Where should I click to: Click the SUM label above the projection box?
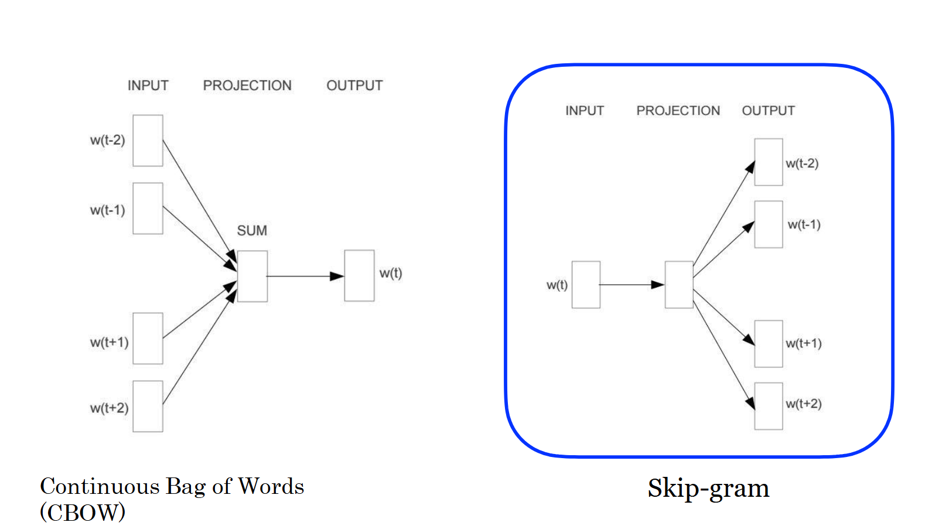tap(252, 231)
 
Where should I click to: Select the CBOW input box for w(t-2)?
tap(148, 141)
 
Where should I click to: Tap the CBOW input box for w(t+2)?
tap(148, 407)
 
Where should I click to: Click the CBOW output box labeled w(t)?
tap(359, 276)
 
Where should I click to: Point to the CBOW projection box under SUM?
tap(252, 277)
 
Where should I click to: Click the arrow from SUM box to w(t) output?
tap(305, 276)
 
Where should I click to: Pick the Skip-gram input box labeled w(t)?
tap(586, 285)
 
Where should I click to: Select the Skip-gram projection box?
tap(679, 285)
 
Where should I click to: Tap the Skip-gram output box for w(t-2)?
tap(769, 162)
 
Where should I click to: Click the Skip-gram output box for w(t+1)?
tap(769, 344)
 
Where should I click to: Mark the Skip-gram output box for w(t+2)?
tap(769, 406)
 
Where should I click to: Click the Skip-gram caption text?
tap(708, 488)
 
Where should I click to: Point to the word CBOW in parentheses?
tap(83, 513)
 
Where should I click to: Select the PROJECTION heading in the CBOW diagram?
tap(247, 86)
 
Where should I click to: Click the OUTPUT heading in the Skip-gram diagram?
tap(768, 111)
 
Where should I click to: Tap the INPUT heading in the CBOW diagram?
tap(148, 86)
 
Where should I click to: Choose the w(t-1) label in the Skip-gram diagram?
tap(804, 224)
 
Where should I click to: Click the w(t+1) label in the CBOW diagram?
tap(109, 342)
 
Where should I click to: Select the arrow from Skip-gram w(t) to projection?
tap(631, 285)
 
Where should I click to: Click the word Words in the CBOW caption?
tap(271, 486)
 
